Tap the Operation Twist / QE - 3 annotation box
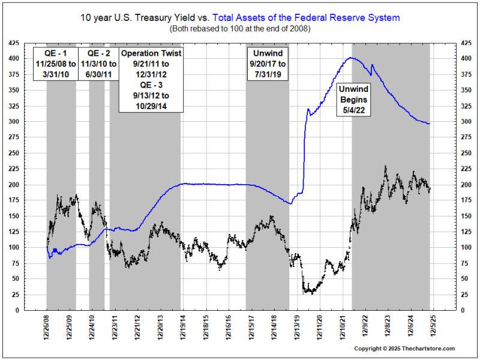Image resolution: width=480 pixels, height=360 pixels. pos(151,80)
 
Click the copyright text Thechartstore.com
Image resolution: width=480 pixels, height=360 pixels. pos(404,349)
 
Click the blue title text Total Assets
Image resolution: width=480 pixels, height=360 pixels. pos(306,18)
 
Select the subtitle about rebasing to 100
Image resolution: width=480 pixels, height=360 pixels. pos(240,28)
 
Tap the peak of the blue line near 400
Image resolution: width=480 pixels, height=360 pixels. pos(351,58)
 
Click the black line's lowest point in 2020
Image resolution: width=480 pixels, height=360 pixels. pos(312,293)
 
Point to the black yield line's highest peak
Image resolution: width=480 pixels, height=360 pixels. pos(385,167)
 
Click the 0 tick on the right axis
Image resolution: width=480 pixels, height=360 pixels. pos(464,310)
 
